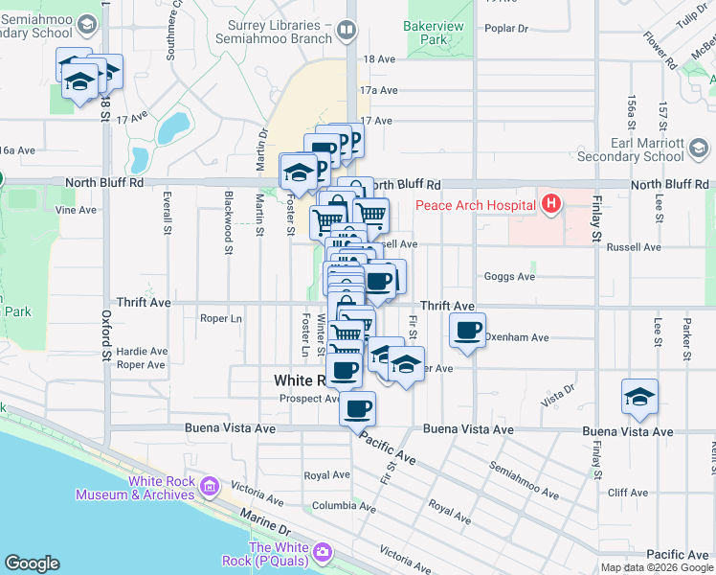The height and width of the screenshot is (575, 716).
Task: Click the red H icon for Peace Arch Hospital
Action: (550, 204)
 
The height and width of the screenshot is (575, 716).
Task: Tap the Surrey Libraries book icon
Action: (346, 31)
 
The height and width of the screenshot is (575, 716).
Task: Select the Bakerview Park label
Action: (426, 33)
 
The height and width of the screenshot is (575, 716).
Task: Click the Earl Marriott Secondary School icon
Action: (699, 149)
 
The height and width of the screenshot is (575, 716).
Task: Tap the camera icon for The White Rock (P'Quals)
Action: (322, 553)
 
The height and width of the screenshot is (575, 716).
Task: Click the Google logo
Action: (32, 563)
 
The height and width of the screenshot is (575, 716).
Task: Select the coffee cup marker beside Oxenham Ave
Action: (467, 332)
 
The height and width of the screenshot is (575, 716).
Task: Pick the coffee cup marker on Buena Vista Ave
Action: (357, 409)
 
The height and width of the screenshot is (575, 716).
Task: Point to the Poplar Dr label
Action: (507, 29)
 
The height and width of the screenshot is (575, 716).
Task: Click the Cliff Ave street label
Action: (628, 493)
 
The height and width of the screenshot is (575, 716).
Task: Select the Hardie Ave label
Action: (141, 350)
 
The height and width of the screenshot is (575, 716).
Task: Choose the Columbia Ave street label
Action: (342, 506)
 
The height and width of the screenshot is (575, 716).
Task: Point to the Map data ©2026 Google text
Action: (657, 567)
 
